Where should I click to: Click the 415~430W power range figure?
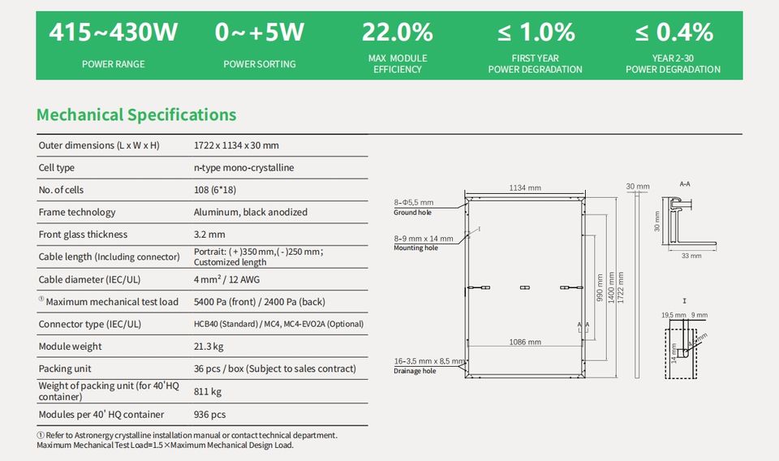[113, 32]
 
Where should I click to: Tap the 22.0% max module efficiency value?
[397, 32]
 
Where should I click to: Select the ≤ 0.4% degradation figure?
[674, 32]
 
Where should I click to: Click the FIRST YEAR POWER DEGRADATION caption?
[535, 64]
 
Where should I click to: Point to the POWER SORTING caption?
[259, 64]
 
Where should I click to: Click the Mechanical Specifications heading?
[136, 114]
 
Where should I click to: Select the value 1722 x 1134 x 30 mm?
[236, 145]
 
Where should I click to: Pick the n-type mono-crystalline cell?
[243, 168]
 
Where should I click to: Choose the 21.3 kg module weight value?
[209, 347]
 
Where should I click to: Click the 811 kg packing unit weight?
[207, 391]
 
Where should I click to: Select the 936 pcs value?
[209, 414]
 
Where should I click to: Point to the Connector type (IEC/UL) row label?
[89, 324]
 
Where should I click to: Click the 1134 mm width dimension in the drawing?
[524, 188]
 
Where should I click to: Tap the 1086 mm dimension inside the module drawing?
[524, 343]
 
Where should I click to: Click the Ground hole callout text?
[412, 213]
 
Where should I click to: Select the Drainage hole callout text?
[415, 371]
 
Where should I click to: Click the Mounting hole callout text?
[415, 248]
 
